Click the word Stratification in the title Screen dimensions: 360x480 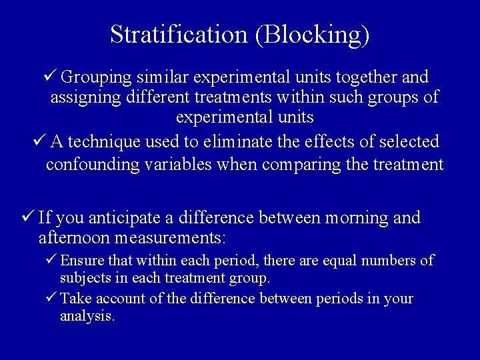pos(178,35)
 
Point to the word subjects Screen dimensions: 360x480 pos(83,277)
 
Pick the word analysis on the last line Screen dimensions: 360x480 pos(87,315)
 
